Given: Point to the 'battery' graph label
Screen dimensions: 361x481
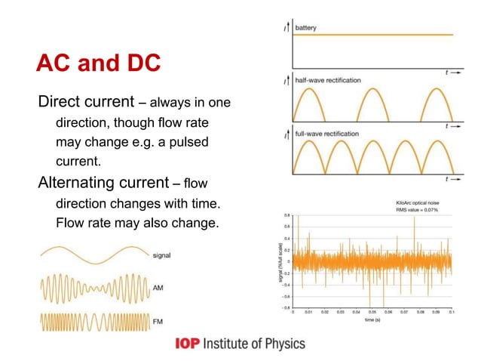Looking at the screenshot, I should click(x=305, y=28).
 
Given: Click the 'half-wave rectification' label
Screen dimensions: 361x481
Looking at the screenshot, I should click(x=327, y=80).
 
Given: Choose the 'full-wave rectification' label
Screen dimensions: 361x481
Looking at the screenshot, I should click(x=326, y=134).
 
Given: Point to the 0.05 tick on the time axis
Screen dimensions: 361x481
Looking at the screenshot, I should click(x=372, y=311).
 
